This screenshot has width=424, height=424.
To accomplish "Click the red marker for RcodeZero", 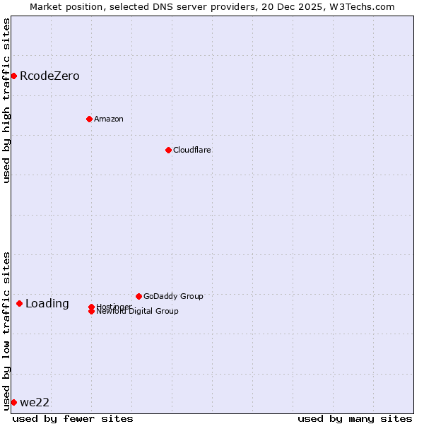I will click(13, 76).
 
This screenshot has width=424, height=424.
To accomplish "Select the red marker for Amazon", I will click(89, 119).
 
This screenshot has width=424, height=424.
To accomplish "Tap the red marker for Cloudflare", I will click(168, 150).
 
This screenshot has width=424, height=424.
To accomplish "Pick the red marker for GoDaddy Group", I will click(139, 296).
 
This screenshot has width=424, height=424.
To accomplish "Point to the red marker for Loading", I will click(19, 303).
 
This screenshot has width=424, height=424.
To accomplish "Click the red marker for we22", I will click(13, 402).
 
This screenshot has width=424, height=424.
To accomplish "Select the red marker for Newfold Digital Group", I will click(91, 311).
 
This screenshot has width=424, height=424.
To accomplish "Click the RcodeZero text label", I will click(49, 76).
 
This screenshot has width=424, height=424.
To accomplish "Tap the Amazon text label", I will click(109, 119).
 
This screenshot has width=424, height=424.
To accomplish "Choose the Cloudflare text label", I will click(192, 150).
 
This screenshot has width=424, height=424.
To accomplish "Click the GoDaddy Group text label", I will click(173, 296).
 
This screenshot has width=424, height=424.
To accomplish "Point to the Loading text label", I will click(47, 304).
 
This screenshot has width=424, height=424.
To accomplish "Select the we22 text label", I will click(35, 403).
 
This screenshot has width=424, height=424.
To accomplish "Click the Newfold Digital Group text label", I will click(138, 312).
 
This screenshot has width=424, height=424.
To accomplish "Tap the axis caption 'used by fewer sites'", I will click(73, 418).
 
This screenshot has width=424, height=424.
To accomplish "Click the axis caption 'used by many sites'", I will click(355, 418).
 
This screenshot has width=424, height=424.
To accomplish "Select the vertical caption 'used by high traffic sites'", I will click(6, 100).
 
